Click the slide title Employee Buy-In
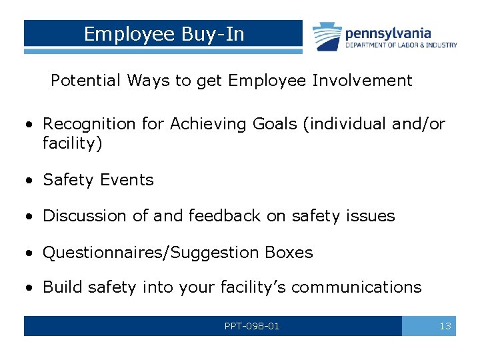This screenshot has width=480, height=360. tap(164, 34)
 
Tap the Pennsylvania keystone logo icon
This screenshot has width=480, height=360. tap(327, 37)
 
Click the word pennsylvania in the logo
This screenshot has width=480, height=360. tap(388, 33)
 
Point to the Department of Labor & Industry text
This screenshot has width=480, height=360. tap(401, 45)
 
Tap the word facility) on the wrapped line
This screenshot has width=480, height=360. tap(73, 143)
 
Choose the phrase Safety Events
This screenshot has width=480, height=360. tap(98, 180)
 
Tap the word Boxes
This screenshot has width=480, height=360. tap(289, 253)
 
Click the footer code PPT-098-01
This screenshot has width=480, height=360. tap(252, 326)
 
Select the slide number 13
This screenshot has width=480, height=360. tap(445, 326)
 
